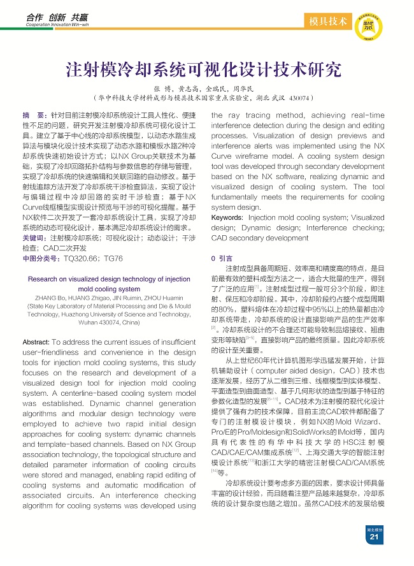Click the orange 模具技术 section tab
(x=327, y=22)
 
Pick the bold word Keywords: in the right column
(x=227, y=218)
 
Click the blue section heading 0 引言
(x=222, y=258)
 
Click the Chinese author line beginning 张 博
(x=204, y=89)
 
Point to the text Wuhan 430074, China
(x=109, y=323)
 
